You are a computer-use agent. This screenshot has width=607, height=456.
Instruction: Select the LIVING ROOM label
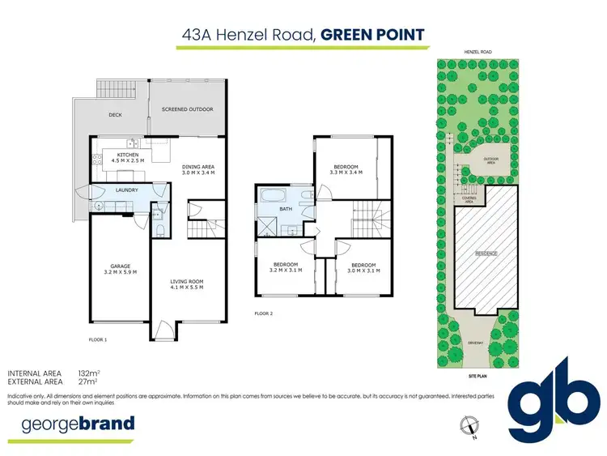pyautogui.click(x=186, y=282)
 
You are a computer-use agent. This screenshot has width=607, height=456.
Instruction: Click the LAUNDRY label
pyautogui.click(x=128, y=190)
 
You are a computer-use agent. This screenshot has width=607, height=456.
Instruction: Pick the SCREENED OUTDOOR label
pyautogui.click(x=188, y=109)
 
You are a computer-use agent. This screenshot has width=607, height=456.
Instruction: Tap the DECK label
pyautogui.click(x=115, y=115)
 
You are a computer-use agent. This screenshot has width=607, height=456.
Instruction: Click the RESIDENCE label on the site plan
pyautogui.click(x=486, y=254)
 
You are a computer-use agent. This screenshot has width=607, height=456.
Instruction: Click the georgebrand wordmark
pyautogui.click(x=71, y=424)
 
